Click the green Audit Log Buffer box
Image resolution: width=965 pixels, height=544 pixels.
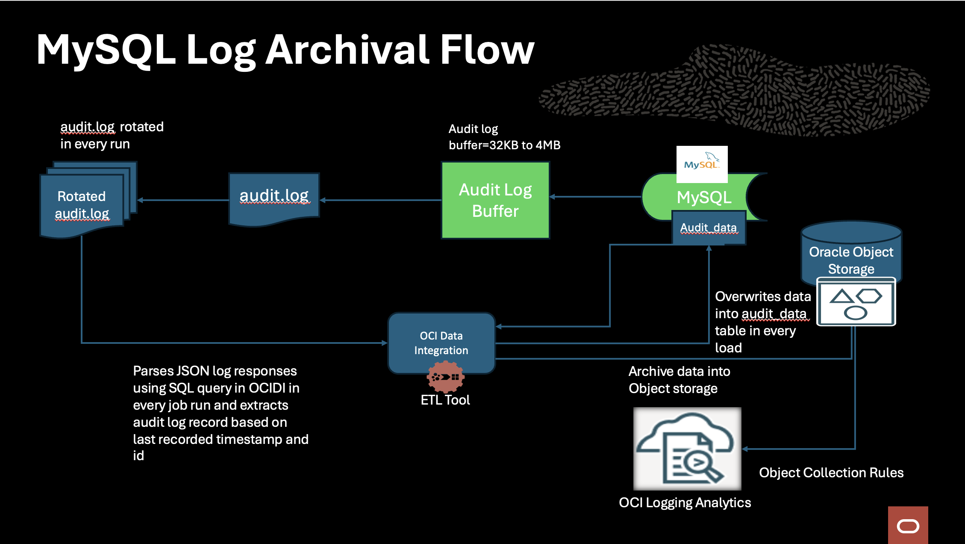[x=495, y=200]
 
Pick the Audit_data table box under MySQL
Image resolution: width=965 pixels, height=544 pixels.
[x=709, y=228]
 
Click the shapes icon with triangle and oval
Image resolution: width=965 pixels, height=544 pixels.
[x=856, y=302]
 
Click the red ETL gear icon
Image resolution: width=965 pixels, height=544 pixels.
[x=445, y=377]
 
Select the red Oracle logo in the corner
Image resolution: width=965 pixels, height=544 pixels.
[x=908, y=526]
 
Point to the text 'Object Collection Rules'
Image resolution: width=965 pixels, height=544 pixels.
[x=831, y=473]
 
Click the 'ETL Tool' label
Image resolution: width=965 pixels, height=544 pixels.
[x=445, y=400]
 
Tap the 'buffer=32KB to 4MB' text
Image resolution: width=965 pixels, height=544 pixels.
[x=504, y=145]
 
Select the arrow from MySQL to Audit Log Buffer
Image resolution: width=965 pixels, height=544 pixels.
[x=596, y=197]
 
